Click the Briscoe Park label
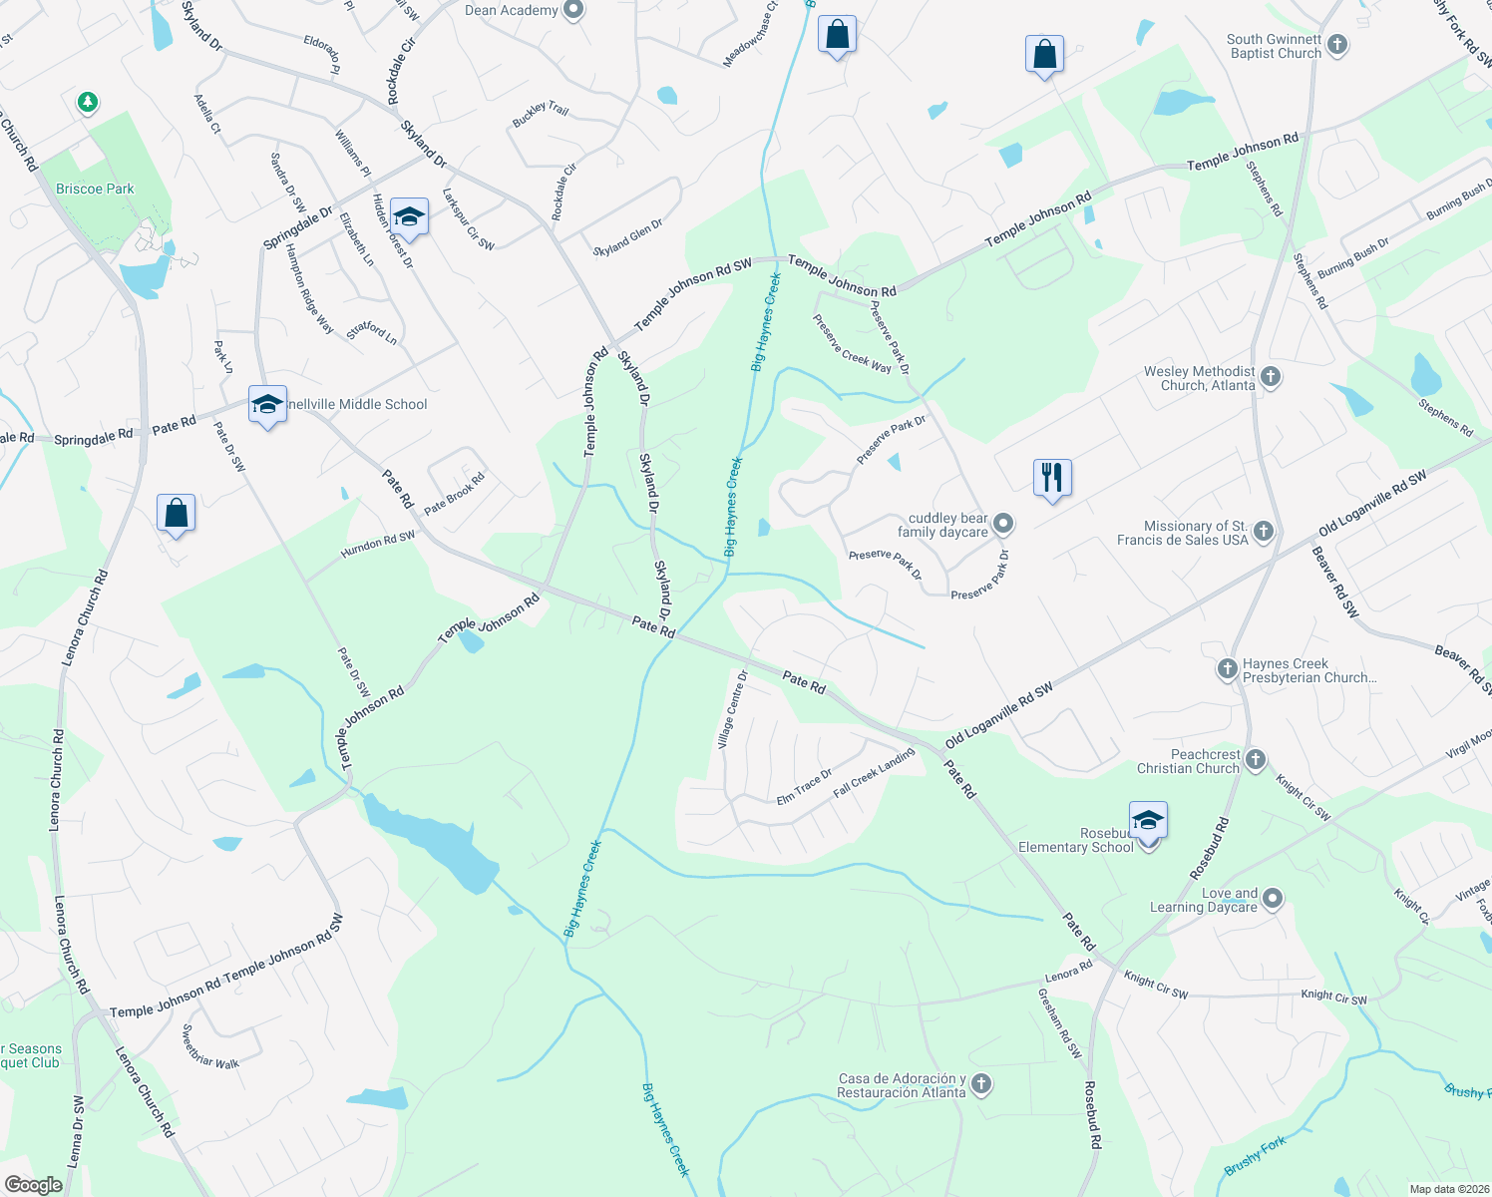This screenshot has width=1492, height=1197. pyautogui.click(x=95, y=189)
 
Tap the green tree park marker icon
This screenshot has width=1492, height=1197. pyautogui.click(x=88, y=102)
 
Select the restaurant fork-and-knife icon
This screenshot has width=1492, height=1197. pyautogui.click(x=1052, y=477)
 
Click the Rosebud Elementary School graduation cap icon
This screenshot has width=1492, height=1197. pyautogui.click(x=1148, y=820)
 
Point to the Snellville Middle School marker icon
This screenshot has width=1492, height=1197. pyautogui.click(x=267, y=404)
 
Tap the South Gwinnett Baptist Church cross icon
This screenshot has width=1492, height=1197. pyautogui.click(x=1338, y=45)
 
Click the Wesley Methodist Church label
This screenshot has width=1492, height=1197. pyautogui.click(x=1199, y=378)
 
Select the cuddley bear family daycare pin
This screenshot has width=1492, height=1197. pyautogui.click(x=1004, y=524)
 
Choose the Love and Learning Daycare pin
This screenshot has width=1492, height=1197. pyautogui.click(x=1272, y=899)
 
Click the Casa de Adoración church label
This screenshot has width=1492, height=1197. pyautogui.click(x=902, y=1085)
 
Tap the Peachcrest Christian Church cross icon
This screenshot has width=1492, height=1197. pyautogui.click(x=1255, y=760)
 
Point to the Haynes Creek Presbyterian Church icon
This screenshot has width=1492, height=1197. pyautogui.click(x=1228, y=669)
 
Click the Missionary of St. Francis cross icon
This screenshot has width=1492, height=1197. pyautogui.click(x=1264, y=531)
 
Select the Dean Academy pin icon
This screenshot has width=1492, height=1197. pyautogui.click(x=573, y=11)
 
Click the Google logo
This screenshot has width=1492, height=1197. pyautogui.click(x=33, y=1185)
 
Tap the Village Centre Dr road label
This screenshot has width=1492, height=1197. pyautogui.click(x=731, y=710)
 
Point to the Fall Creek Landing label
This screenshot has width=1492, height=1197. pyautogui.click(x=874, y=772)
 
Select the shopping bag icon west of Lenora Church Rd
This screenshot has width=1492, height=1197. pyautogui.click(x=176, y=514)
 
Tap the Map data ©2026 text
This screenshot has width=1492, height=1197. pyautogui.click(x=1449, y=1189)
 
